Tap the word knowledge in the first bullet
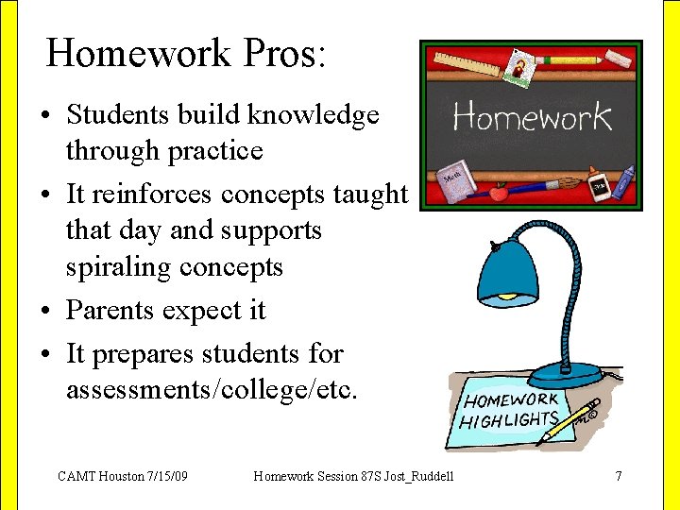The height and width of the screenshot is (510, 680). click(313, 115)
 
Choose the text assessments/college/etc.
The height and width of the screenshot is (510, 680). click(212, 389)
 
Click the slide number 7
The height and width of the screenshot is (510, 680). click(619, 476)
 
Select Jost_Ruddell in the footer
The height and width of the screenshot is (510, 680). click(415, 476)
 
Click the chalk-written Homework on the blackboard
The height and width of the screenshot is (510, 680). click(532, 117)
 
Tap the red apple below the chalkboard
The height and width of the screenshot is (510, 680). click(498, 193)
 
